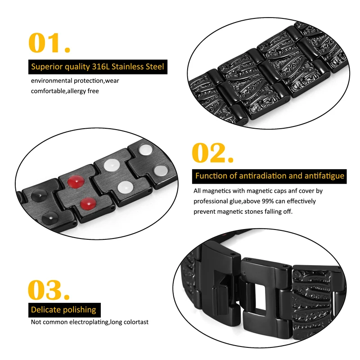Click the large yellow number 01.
click(49, 43)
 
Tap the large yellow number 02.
click(212, 153)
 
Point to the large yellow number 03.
click(49, 290)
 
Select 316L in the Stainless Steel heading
click(100, 67)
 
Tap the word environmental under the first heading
click(51, 81)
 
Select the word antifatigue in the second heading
click(324, 176)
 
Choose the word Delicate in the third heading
click(46, 310)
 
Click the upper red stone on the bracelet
click(76, 181)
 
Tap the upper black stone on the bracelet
click(39, 196)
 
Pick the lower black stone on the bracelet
click(50, 218)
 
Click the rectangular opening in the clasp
click(262, 296)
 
